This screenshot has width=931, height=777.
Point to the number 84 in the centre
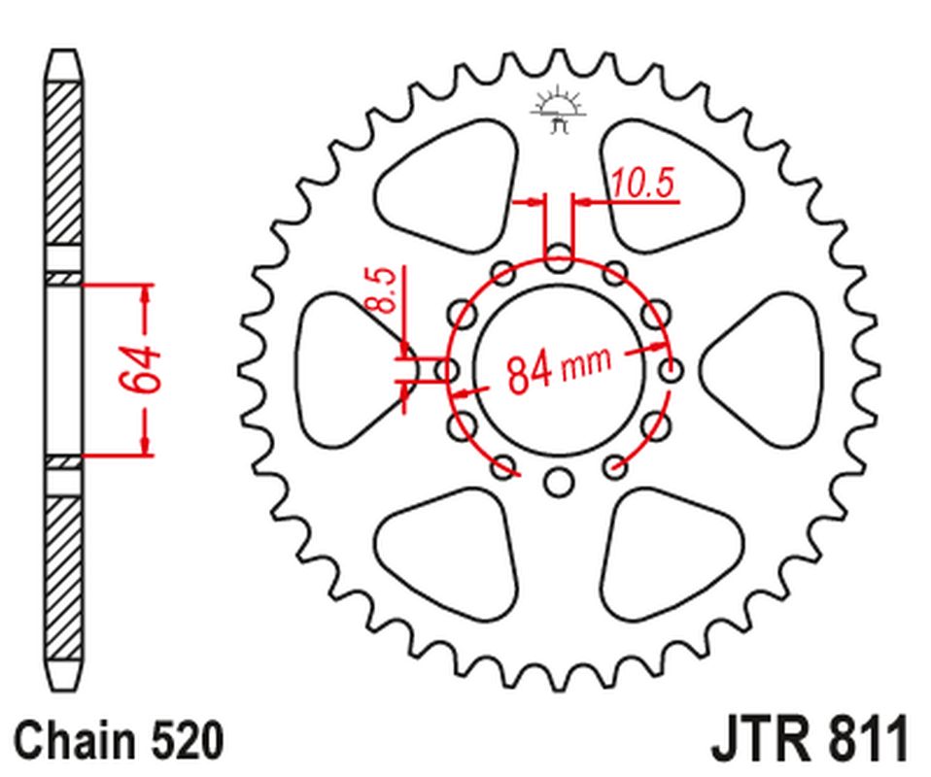[532, 372]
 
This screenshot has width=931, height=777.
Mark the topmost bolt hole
[558, 259]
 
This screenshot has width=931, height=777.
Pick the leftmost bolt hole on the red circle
[447, 370]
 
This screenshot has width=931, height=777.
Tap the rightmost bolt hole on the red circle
[670, 370]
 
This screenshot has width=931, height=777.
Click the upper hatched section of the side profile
[63, 165]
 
